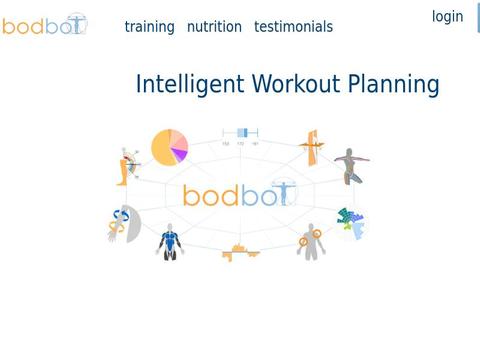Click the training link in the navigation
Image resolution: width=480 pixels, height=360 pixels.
[149, 27]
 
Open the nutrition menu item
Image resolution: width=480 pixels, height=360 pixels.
[214, 27]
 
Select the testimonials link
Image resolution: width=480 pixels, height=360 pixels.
[293, 27]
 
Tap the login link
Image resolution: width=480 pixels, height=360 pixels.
[447, 17]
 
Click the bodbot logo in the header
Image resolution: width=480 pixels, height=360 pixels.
[45, 25]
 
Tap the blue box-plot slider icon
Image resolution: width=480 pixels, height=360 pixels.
[240, 133]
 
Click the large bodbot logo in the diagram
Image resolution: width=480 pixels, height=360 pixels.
[240, 194]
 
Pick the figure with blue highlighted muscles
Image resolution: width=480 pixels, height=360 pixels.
[170, 241]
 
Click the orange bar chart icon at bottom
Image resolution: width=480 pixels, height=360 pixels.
[240, 253]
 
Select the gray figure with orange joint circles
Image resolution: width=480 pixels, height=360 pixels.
[310, 241]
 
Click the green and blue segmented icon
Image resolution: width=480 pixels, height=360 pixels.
[350, 221]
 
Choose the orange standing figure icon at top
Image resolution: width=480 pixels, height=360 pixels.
[314, 147]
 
